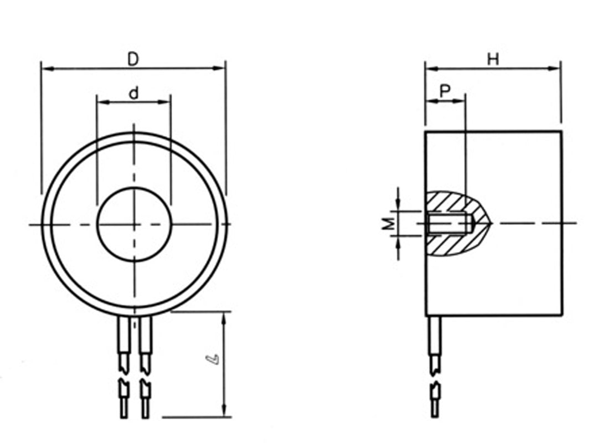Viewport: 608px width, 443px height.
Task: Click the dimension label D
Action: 132,59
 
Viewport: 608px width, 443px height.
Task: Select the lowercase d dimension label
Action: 133,93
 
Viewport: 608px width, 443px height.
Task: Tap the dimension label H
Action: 493,60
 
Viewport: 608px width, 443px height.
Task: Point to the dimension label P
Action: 446,91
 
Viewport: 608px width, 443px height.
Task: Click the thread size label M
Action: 389,224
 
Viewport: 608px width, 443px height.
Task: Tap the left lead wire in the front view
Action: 123,367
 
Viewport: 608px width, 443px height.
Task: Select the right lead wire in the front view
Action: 146,367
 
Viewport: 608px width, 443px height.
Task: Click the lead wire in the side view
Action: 435,367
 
